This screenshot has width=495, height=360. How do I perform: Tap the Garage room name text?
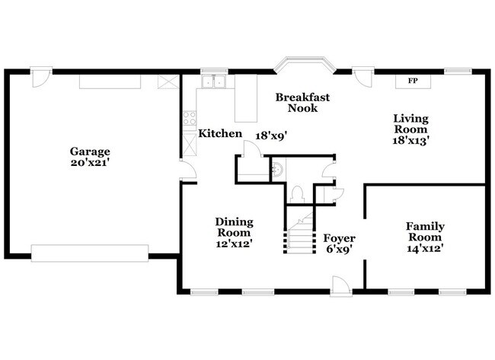pyautogui.click(x=91, y=151)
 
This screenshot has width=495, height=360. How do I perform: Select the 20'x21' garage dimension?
pyautogui.click(x=91, y=162)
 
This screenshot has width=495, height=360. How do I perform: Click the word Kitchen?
pyautogui.click(x=220, y=134)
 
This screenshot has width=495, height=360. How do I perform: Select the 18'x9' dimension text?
pyautogui.click(x=270, y=135)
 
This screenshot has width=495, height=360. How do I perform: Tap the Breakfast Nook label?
pyautogui.click(x=296, y=103)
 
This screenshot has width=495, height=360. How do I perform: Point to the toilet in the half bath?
pyautogui.click(x=298, y=193)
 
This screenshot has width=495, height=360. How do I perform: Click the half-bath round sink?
pyautogui.click(x=279, y=169)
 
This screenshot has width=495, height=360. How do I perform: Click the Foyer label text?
pyautogui.click(x=337, y=237)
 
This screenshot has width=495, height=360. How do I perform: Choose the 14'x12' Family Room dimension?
pyautogui.click(x=425, y=247)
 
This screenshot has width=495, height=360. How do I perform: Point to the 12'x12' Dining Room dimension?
pyautogui.click(x=235, y=244)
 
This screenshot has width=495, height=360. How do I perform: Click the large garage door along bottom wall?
pyautogui.click(x=89, y=252)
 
